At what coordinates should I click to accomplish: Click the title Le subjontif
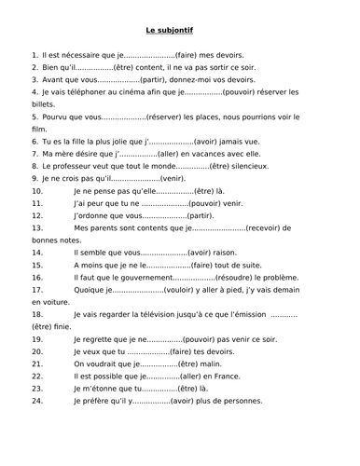click(180, 31)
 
